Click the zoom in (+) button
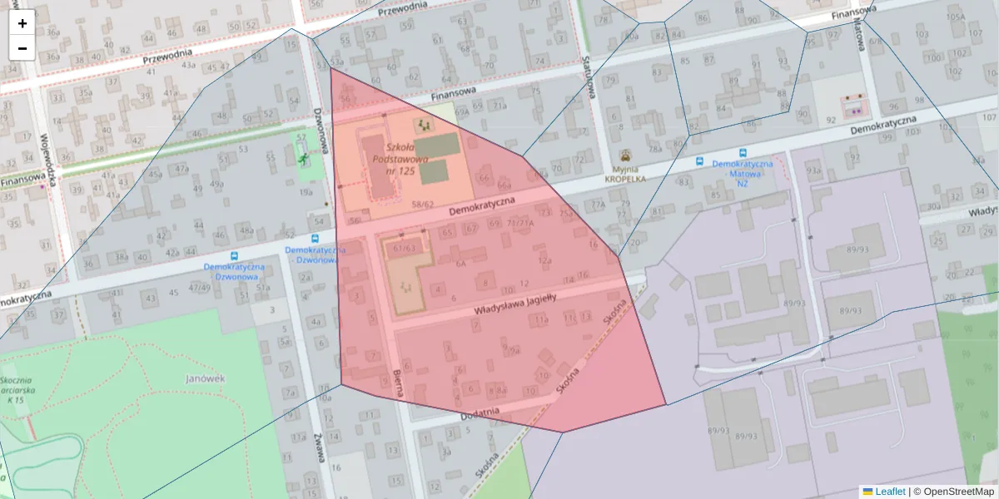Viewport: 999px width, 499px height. [x=22, y=23]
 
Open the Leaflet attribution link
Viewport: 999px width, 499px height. [x=889, y=492]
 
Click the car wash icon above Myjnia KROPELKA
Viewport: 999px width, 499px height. [x=625, y=155]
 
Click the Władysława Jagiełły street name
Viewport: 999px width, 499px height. [x=514, y=302]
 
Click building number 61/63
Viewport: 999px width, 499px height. [x=405, y=247]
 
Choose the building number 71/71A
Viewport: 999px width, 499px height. [x=519, y=224]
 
